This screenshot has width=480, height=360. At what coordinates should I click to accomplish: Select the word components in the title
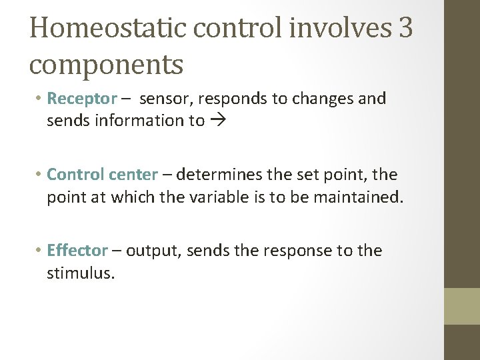[x=106, y=65]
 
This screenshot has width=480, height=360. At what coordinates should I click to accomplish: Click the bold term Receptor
[x=82, y=99]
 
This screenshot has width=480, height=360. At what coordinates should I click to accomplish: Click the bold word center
[x=135, y=175]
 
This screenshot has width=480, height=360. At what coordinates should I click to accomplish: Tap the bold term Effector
[x=77, y=251]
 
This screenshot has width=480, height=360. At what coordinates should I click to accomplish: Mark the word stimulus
[x=81, y=273]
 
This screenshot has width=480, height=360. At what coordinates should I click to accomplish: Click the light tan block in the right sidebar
[x=462, y=306]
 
